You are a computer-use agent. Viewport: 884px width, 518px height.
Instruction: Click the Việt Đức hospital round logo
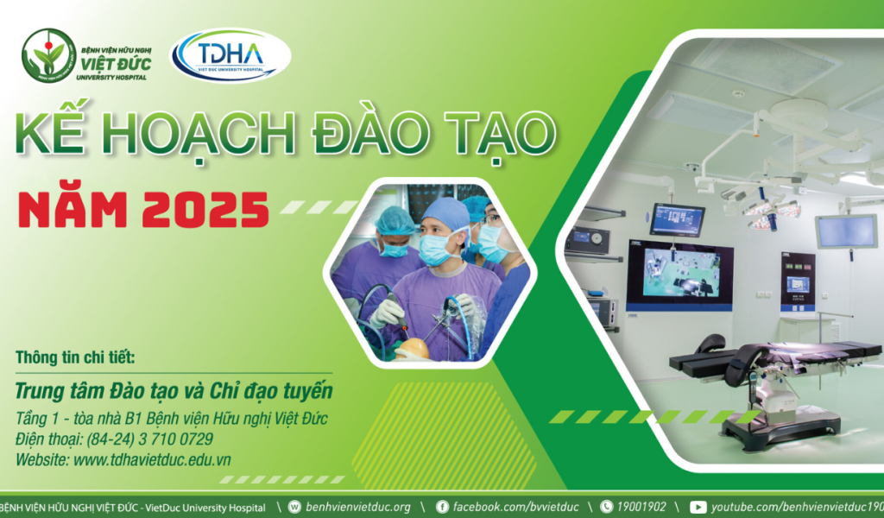click(48, 55)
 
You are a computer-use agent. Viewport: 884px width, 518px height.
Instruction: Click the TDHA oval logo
click(230, 55)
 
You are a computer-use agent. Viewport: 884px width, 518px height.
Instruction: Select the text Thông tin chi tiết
click(76, 358)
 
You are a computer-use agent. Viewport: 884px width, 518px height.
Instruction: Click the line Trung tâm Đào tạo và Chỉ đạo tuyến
click(174, 391)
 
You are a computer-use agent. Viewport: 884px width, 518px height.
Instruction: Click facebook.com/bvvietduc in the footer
click(515, 507)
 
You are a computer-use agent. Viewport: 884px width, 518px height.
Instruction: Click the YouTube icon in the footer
click(698, 507)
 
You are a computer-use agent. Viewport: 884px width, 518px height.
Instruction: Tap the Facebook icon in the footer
click(443, 507)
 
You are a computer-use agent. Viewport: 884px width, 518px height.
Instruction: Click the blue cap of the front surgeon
click(445, 212)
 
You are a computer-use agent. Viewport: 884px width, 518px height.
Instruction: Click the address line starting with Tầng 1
click(171, 419)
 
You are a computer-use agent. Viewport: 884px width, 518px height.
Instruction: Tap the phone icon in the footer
click(606, 507)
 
